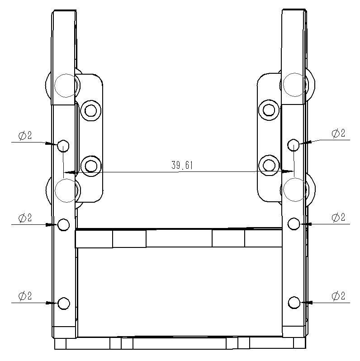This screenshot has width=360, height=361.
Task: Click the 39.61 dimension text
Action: click(182, 165)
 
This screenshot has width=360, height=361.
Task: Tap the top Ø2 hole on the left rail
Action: click(63, 146)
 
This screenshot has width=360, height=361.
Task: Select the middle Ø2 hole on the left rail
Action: click(63, 225)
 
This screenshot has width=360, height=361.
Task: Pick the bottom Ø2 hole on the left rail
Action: click(63, 303)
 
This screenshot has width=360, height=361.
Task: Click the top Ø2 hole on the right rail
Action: click(294, 145)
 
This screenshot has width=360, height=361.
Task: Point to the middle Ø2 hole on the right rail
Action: click(294, 223)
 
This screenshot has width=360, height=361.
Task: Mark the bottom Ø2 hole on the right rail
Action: click(294, 302)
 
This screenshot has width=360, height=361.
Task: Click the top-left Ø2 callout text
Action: click(25, 135)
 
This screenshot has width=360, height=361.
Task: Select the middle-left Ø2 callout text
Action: click(25, 218)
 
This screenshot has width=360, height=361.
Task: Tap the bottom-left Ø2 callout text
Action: click(25, 296)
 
